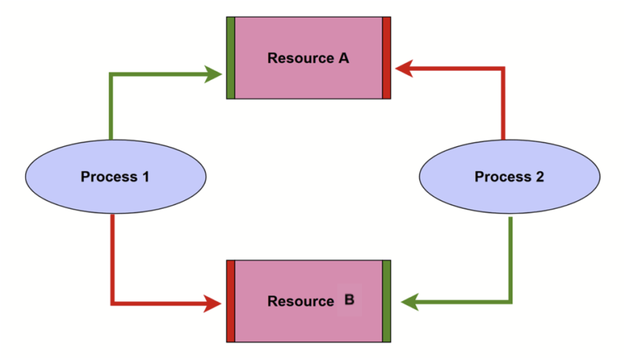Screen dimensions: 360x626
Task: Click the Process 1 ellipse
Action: [115, 176]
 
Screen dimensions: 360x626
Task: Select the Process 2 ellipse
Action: [509, 176]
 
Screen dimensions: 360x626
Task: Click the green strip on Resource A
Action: [231, 58]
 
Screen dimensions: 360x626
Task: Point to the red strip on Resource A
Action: [386, 58]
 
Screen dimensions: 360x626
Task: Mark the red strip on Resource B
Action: [231, 301]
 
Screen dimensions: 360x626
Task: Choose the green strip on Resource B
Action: [386, 301]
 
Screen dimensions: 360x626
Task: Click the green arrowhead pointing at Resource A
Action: [213, 75]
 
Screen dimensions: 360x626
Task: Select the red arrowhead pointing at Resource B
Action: [213, 303]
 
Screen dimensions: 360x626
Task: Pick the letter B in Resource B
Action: [349, 299]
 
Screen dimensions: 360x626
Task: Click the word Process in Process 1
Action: [109, 176]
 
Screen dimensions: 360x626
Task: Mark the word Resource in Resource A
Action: [301, 58]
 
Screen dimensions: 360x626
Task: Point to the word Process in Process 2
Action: [503, 176]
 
